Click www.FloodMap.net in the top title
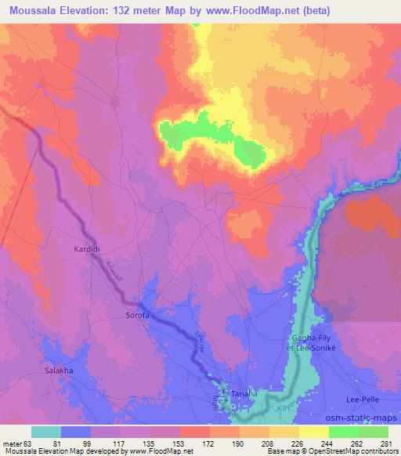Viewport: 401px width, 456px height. tap(258, 11)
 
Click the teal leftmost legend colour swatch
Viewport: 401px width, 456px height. tap(45, 432)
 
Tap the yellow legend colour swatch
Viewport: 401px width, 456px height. tap(313, 432)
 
